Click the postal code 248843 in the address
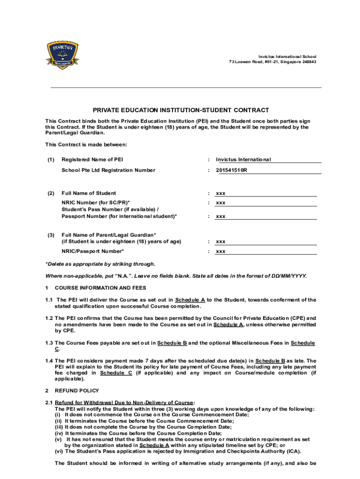307,62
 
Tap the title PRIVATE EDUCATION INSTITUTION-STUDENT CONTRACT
180,110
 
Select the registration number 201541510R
231,170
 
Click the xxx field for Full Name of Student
221,193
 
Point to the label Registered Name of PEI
92,160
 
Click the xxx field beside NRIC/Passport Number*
221,252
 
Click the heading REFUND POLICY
77,391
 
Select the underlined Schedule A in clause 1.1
190,300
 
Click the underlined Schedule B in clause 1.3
172,343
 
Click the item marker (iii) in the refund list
59,427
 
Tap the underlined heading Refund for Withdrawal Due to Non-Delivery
124,403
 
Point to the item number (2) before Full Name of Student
50,193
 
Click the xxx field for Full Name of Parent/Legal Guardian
221,242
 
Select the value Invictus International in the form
243,160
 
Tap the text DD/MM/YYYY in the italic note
288,276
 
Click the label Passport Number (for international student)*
119,216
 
